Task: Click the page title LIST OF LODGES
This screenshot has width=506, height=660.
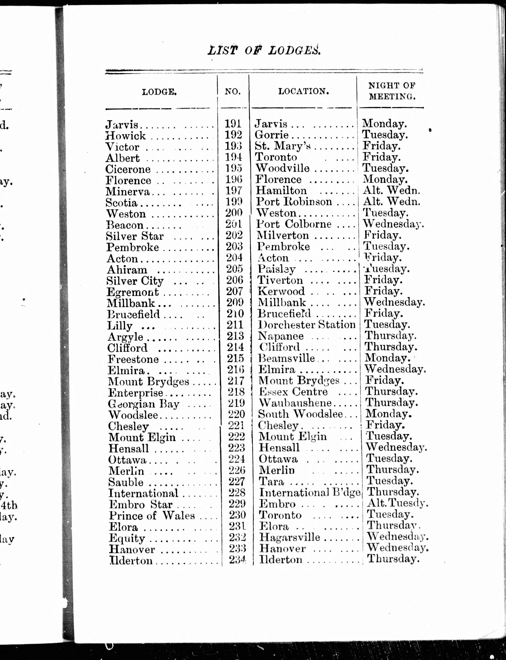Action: pos(264,50)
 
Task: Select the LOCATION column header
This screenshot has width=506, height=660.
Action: pos(303,91)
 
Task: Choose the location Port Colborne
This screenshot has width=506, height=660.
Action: pos(294,224)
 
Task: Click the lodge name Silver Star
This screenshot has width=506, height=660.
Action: pos(135,236)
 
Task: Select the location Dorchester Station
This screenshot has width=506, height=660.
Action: pos(307,325)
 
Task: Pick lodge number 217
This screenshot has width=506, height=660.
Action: pos(236,381)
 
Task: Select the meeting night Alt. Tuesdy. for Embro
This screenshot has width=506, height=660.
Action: pos(397,503)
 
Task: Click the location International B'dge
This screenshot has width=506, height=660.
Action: pos(310,492)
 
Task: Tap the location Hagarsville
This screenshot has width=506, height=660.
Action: pos(290,537)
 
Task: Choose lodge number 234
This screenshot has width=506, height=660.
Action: pos(237,559)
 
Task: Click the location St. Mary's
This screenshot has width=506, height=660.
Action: pos(282,146)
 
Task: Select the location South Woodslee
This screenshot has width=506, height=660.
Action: pos(300,414)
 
